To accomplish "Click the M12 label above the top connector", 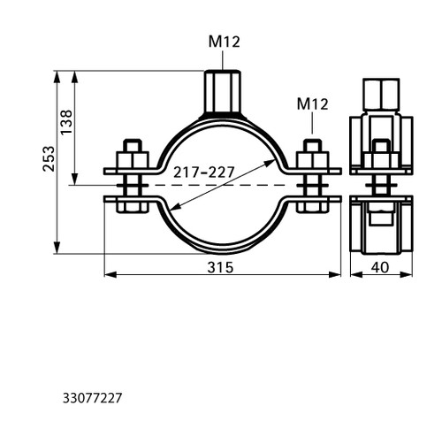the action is pyautogui.click(x=225, y=42).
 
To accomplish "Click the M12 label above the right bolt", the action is pyautogui.click(x=312, y=104).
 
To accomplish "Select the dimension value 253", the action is pyautogui.click(x=49, y=158).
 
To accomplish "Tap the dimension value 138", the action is pyautogui.click(x=66, y=122).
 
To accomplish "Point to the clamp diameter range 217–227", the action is pyautogui.click(x=203, y=172).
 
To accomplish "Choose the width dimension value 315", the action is pyautogui.click(x=220, y=267).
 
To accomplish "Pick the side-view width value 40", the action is pyautogui.click(x=380, y=267).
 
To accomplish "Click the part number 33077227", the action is pyautogui.click(x=92, y=398).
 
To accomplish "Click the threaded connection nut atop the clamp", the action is pyautogui.click(x=223, y=91).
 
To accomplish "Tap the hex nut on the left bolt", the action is pyautogui.click(x=133, y=160).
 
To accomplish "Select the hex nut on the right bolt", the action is pyautogui.click(x=312, y=160).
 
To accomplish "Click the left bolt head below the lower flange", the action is pyautogui.click(x=133, y=206).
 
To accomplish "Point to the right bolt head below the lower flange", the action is pyautogui.click(x=312, y=206).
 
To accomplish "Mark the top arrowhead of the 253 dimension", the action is pyautogui.click(x=57, y=77).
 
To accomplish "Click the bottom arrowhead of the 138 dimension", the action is pyautogui.click(x=75, y=180).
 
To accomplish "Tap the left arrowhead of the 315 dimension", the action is pyautogui.click(x=110, y=275).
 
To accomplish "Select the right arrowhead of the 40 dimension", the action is pyautogui.click(x=407, y=275).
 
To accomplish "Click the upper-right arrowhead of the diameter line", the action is pyautogui.click(x=270, y=163).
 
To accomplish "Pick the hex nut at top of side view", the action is pyautogui.click(x=381, y=95).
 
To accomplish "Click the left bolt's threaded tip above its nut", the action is pyautogui.click(x=133, y=145).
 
